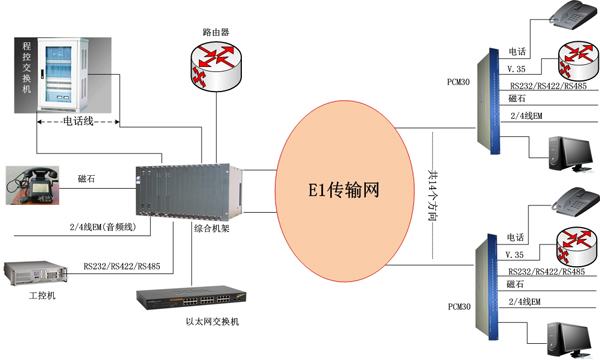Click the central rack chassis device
189,190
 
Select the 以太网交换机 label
213,321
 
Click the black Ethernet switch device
192,296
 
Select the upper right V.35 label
517,69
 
